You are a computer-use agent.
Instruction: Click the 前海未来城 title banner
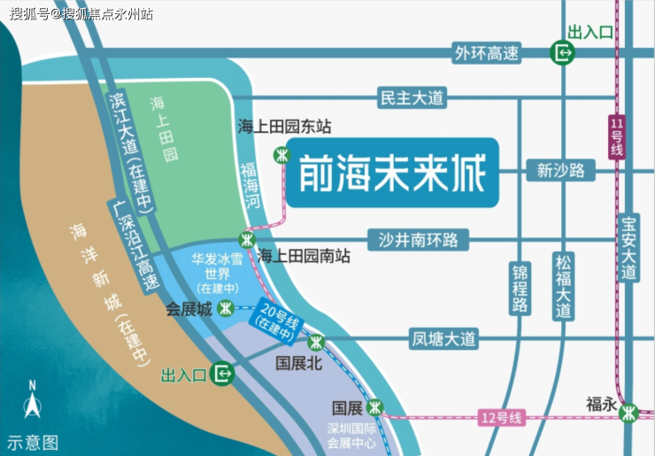click(392, 173)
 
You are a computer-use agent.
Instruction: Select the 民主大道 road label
click(411, 97)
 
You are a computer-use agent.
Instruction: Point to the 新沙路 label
click(560, 170)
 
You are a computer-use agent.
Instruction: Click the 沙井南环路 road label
click(419, 239)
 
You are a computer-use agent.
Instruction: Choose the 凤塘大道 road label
click(443, 338)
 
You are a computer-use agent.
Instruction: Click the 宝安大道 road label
click(629, 249)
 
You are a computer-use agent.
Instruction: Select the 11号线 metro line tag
click(617, 136)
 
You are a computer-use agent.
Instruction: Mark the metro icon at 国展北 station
click(316, 342)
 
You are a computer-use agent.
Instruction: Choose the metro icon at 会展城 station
click(227, 309)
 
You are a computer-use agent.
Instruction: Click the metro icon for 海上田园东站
click(281, 154)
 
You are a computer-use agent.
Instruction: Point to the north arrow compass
click(32, 406)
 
